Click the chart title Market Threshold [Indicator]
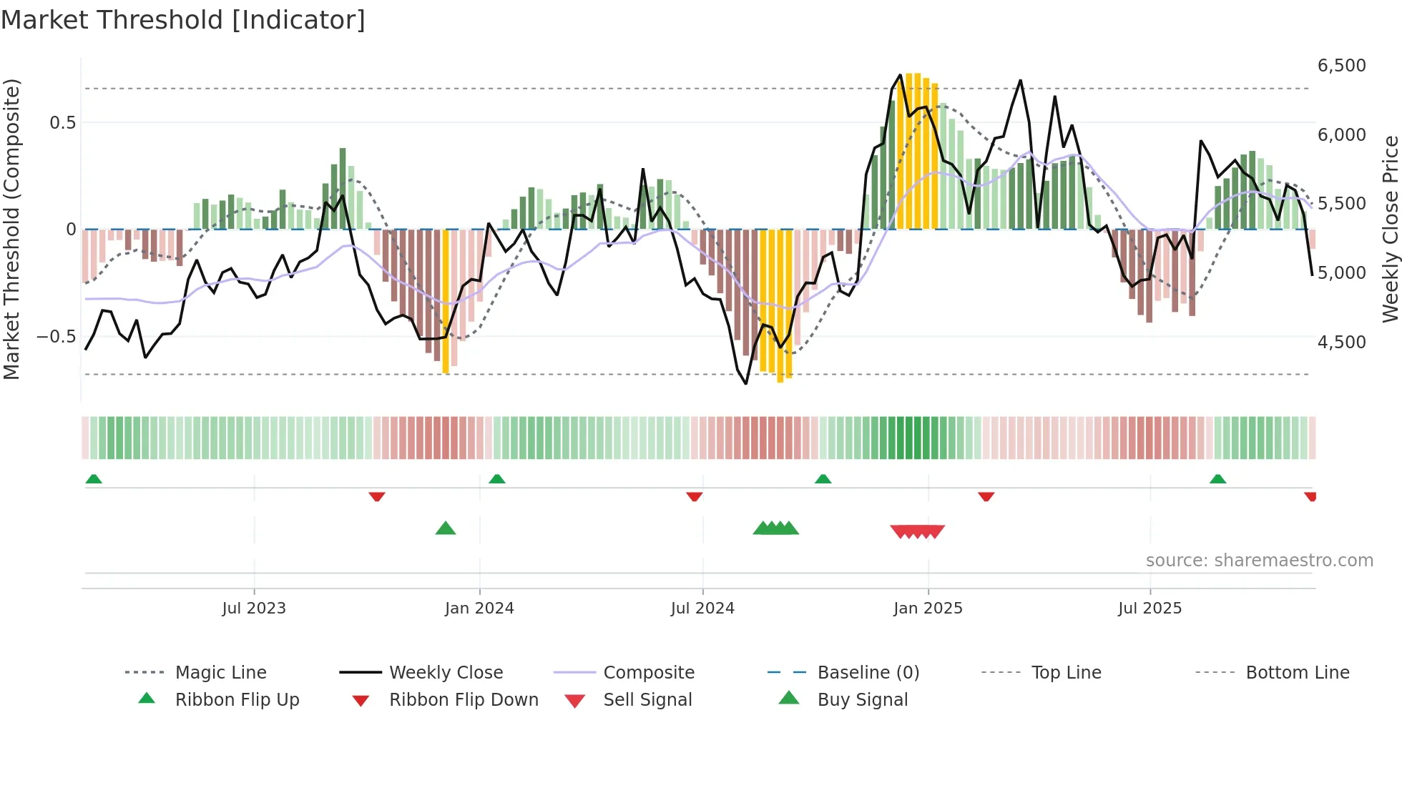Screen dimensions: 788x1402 point(183,20)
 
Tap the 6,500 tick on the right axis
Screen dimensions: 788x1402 point(1341,66)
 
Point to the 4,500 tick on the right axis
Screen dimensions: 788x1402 point(1341,343)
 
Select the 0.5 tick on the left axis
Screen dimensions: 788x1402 point(62,123)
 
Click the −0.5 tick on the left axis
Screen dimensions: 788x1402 point(57,337)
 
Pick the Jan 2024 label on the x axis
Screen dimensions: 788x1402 point(479,609)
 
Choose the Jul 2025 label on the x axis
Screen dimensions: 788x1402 point(1149,609)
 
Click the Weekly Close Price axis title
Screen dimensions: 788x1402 point(1390,229)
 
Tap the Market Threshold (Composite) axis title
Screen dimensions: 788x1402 point(11,229)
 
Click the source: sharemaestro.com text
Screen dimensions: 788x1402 point(1259,561)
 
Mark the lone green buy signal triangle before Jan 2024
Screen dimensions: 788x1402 point(446,528)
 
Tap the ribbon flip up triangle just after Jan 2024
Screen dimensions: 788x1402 point(497,478)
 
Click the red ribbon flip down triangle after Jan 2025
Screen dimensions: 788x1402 point(986,496)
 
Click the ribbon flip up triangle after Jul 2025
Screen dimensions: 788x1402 point(1217,478)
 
